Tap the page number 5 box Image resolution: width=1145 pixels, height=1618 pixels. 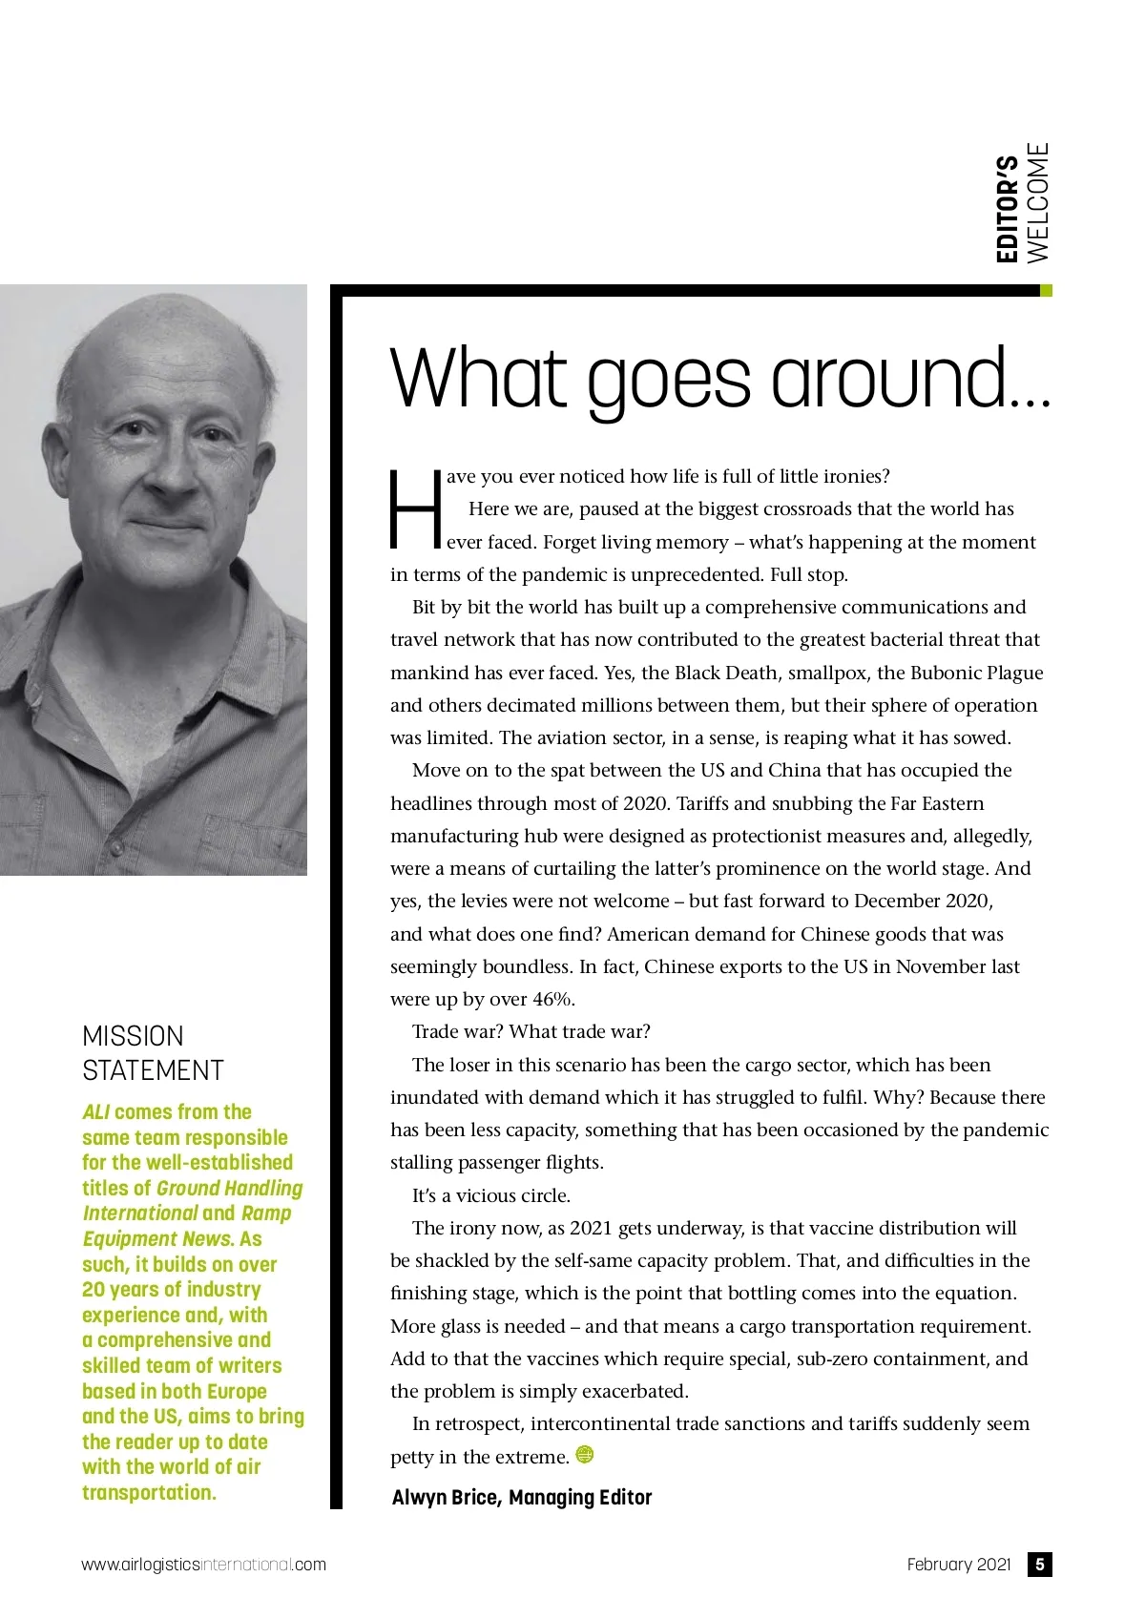[x=1039, y=1565]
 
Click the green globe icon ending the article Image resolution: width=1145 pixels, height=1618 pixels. [x=585, y=1455]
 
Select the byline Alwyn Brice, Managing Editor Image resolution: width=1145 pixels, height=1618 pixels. [x=521, y=1498]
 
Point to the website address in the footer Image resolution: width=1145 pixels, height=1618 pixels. [x=203, y=1565]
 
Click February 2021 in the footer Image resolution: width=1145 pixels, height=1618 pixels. [x=958, y=1565]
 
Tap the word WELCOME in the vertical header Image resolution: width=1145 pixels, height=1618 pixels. [x=1037, y=202]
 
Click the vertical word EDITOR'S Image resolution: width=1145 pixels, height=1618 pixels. [x=1008, y=209]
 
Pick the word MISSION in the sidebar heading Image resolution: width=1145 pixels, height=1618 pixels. [x=133, y=1036]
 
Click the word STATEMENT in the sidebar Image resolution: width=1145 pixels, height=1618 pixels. [x=153, y=1070]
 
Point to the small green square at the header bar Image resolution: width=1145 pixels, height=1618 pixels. [x=1046, y=290]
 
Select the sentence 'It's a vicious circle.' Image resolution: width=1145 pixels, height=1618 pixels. [x=490, y=1195]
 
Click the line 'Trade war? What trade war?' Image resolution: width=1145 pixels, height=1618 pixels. [x=531, y=1032]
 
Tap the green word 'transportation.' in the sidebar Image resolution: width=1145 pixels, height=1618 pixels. [x=149, y=1492]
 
